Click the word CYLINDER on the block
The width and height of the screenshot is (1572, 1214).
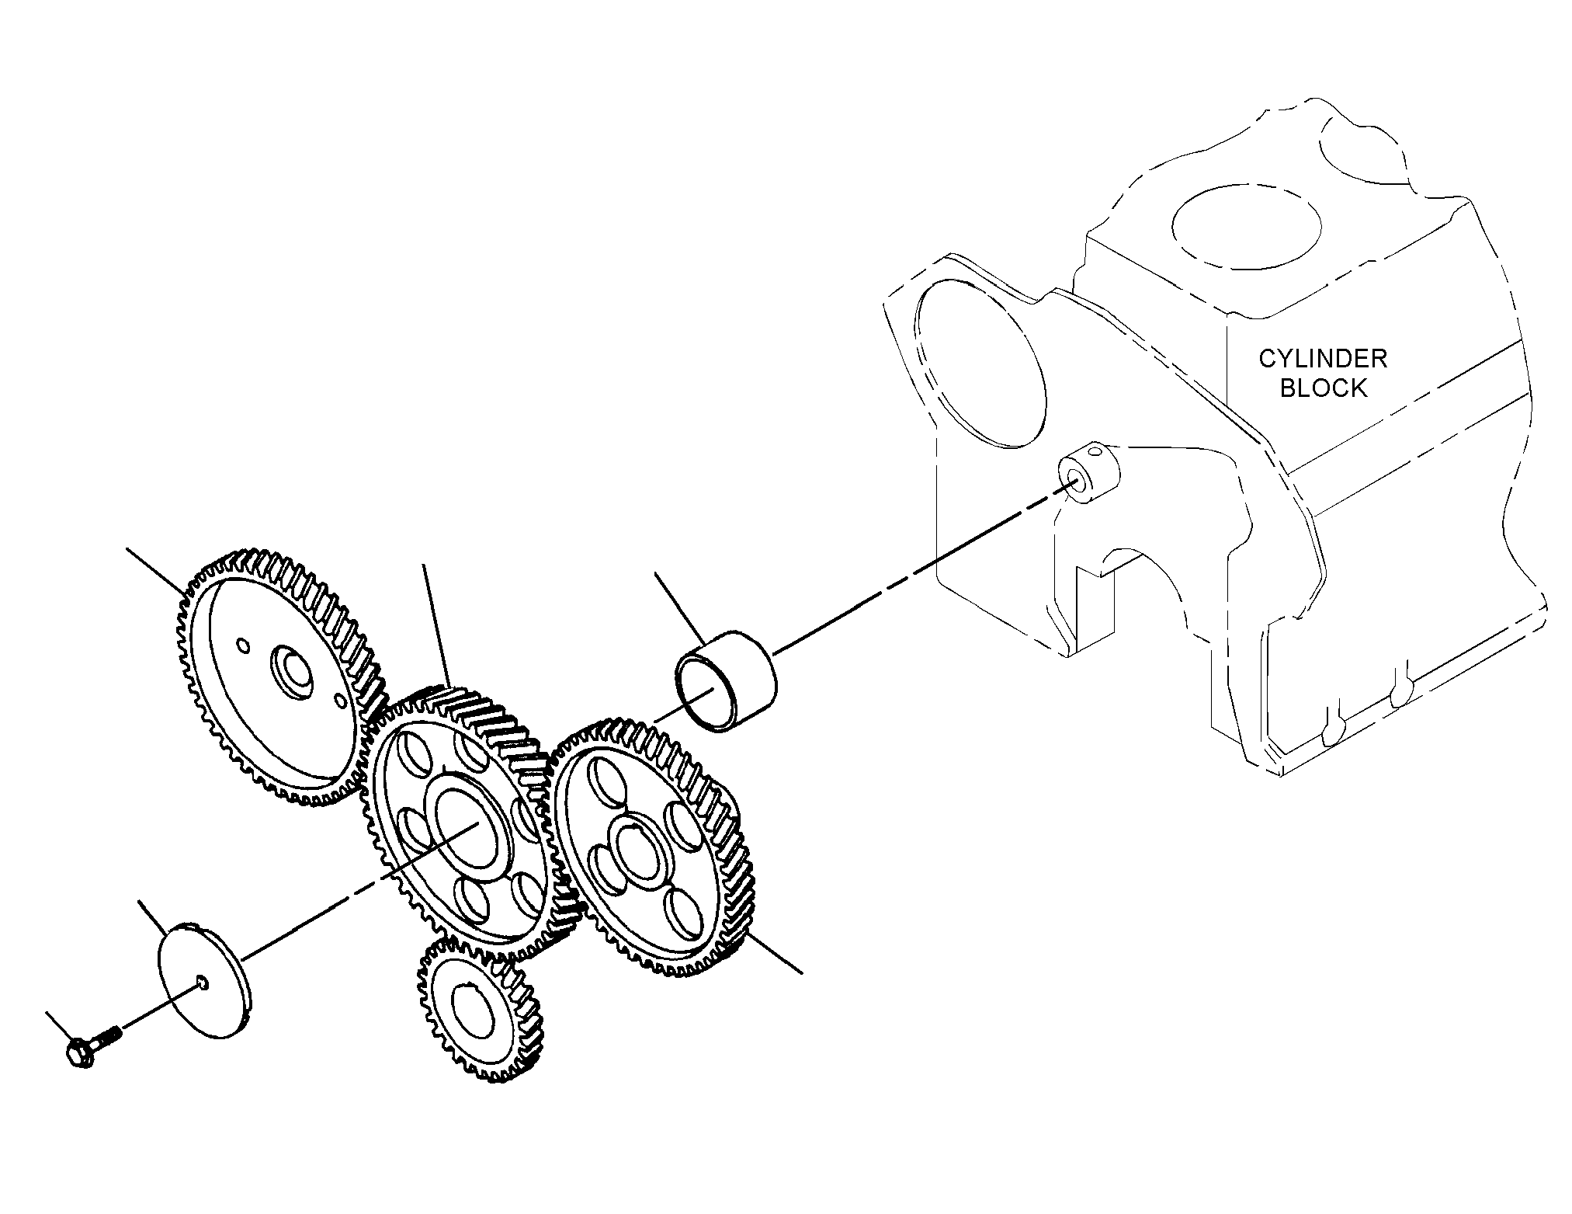coord(1323,359)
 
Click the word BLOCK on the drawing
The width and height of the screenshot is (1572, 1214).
coord(1323,388)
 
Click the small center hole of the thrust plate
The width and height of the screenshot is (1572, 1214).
coord(203,983)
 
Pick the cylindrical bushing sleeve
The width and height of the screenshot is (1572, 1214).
coord(726,682)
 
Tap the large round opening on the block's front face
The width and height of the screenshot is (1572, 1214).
coord(980,362)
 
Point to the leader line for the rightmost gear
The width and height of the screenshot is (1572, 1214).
coord(772,952)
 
